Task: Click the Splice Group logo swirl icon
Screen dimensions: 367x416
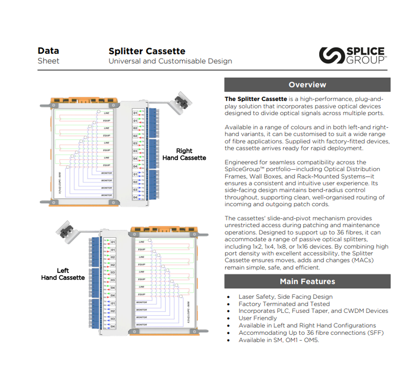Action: click(331, 55)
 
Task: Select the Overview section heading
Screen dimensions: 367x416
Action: click(307, 85)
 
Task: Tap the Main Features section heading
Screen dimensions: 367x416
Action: click(307, 281)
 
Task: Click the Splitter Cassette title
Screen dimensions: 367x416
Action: click(147, 51)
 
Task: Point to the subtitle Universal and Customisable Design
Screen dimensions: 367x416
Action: click(170, 61)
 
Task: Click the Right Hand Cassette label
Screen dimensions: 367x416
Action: click(184, 154)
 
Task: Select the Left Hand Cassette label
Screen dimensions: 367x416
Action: click(63, 274)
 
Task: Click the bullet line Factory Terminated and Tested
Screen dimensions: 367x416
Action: click(284, 304)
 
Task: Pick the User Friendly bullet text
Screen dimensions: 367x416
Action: click(258, 318)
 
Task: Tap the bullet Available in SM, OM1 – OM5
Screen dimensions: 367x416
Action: click(279, 340)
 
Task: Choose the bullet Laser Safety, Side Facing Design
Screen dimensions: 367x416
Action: click(285, 297)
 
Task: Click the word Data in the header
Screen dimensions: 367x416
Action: click(48, 51)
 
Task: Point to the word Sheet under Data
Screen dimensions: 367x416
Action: click(48, 61)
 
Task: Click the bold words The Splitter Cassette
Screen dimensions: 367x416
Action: click(256, 99)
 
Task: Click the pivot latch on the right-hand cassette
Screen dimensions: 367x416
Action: click(183, 100)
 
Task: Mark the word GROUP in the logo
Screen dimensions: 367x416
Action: click(365, 60)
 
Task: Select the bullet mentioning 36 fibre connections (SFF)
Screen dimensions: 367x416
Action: click(311, 333)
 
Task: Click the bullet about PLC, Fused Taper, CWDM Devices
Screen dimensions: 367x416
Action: click(313, 311)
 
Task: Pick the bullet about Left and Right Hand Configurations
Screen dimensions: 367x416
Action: click(307, 326)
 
